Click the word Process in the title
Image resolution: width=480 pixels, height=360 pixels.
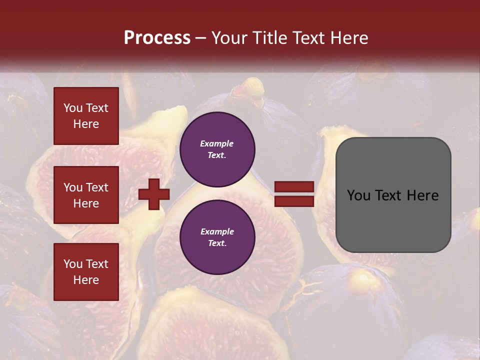coord(157,38)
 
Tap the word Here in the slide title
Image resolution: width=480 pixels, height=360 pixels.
coord(347,38)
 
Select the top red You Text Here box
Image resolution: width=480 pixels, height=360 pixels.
coord(86,116)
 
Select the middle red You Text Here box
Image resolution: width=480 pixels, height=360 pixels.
coord(86,195)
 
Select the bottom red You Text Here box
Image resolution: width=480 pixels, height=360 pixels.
coord(86,271)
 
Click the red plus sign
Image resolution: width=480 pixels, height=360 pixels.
coord(154,194)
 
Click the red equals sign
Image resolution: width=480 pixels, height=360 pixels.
coord(294,194)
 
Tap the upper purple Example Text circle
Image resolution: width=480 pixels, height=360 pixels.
coord(217,149)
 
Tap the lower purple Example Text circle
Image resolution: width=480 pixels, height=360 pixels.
coord(217,237)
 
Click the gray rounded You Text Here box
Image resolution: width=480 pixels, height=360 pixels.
coord(393,195)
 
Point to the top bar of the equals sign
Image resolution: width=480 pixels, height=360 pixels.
coord(294,187)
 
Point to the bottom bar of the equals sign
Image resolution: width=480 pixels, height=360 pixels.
coord(294,201)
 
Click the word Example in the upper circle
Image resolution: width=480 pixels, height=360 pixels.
coord(217,143)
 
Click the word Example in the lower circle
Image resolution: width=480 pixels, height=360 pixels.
coord(217,231)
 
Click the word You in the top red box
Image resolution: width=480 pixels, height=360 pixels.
coord(73,108)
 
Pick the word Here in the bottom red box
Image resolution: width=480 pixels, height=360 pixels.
coord(86,280)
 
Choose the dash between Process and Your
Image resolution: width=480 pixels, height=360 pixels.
coord(201,38)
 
